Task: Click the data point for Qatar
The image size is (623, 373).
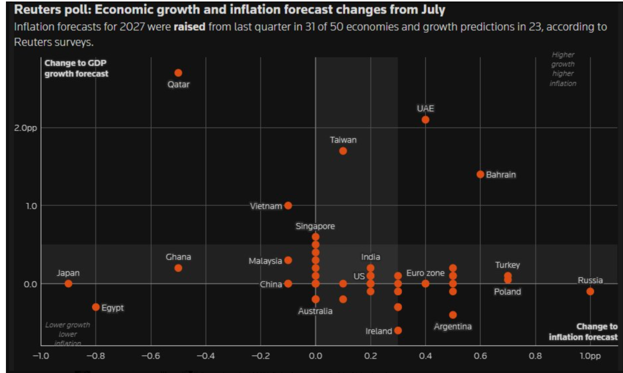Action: tap(178, 73)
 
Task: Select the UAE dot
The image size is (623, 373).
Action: tap(425, 120)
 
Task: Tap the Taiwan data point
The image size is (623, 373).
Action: tap(343, 151)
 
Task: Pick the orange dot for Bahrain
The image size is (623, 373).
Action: tap(480, 174)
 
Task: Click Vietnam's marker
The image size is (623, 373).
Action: tap(288, 205)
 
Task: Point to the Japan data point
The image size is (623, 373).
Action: tap(68, 283)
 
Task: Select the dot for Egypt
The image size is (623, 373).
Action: tap(96, 307)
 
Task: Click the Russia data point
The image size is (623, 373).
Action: tap(590, 291)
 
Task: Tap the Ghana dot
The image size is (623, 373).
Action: tap(178, 268)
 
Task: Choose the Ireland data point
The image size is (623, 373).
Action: tap(398, 330)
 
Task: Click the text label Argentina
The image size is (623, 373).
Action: tap(453, 326)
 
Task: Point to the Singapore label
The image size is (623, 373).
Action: tap(315, 226)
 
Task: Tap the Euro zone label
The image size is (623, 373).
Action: tap(425, 273)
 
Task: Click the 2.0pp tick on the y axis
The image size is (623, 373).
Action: tap(25, 128)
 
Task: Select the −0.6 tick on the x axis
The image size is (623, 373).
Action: tap(151, 356)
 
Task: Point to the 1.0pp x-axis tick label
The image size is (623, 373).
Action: tap(590, 356)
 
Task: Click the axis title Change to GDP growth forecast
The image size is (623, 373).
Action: tap(76, 68)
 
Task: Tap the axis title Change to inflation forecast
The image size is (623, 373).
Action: tap(583, 331)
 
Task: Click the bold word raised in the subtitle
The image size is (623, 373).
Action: tap(189, 27)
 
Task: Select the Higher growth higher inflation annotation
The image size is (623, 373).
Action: tap(563, 69)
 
